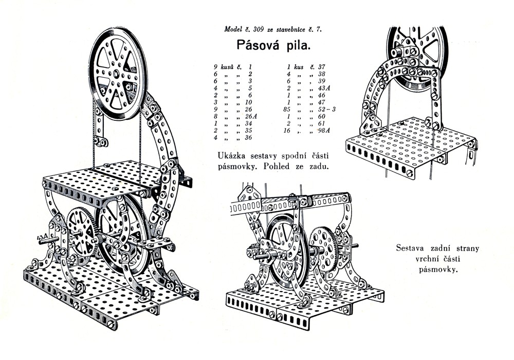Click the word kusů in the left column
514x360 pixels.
click(228, 67)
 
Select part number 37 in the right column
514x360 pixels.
click(322, 67)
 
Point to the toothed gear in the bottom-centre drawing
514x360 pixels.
click(323, 251)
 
